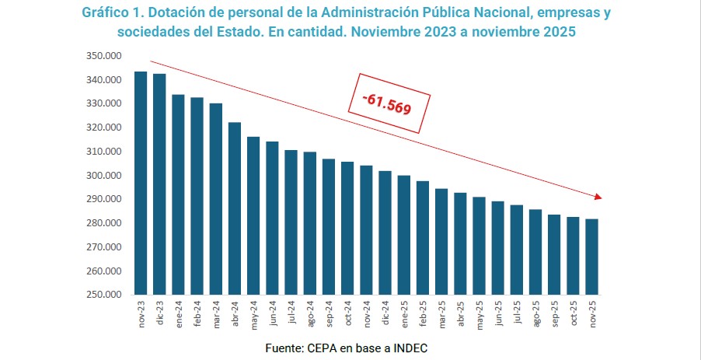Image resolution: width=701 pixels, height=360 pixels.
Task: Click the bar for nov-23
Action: pos(141,183)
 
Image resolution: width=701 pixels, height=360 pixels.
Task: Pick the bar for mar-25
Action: pos(441,241)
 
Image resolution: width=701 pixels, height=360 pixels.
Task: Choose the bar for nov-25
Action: pos(591,257)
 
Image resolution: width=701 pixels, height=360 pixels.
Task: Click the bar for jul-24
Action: pos(291,222)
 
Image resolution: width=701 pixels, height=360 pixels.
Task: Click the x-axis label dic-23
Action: pos(160,313)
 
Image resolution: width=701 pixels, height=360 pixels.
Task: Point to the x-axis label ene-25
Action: pos(404,313)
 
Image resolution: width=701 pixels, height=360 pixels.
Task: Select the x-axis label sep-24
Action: pos(329,313)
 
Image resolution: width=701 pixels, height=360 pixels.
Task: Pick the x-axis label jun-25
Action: pos(498,313)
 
